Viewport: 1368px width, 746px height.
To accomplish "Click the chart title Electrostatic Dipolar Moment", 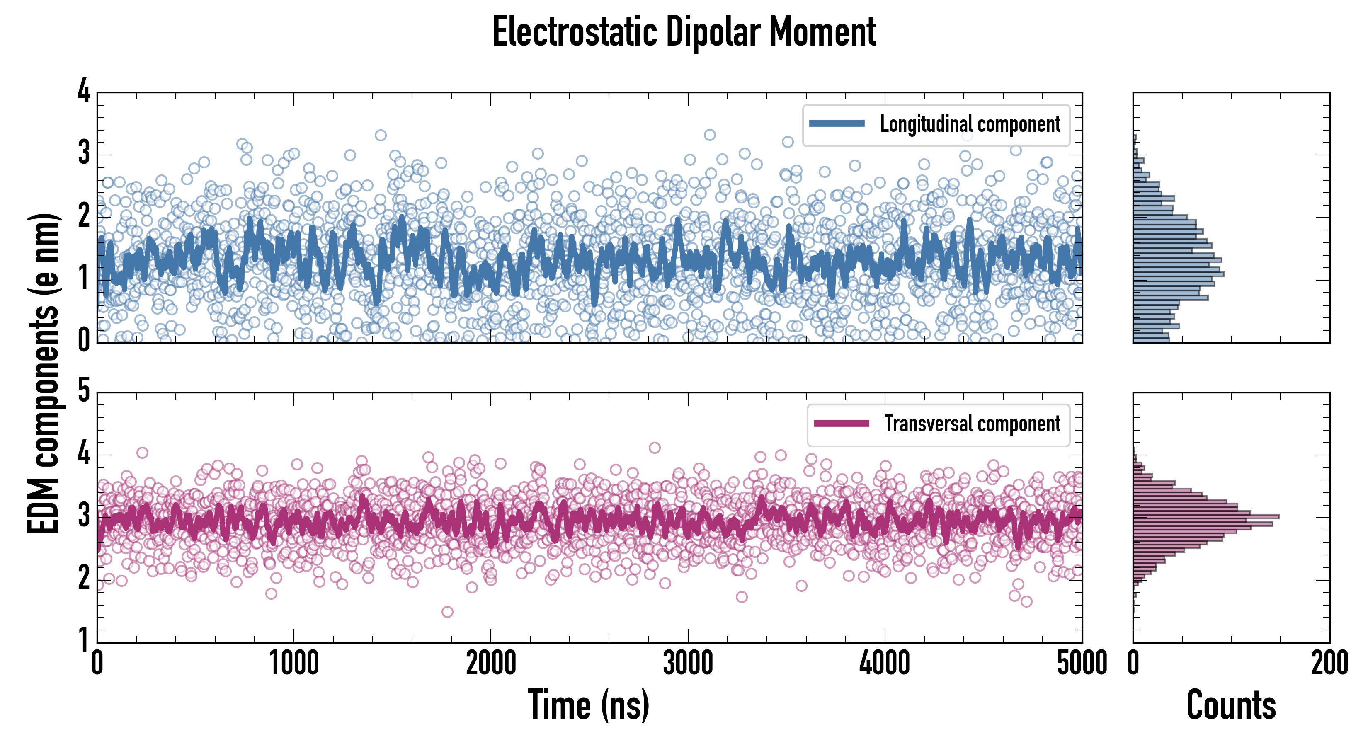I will click(684, 32).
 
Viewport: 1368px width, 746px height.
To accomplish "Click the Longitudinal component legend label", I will click(970, 124).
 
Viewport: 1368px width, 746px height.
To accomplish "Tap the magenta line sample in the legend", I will click(841, 424).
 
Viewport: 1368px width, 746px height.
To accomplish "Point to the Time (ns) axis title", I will click(588, 705).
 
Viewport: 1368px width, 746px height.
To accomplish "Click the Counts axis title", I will click(1231, 705).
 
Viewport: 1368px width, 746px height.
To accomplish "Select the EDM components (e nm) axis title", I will click(44, 374).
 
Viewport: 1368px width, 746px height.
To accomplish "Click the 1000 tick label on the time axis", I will click(293, 664).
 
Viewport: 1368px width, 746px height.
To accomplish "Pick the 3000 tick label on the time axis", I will click(688, 664).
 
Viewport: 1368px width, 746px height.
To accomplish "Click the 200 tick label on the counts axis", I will click(1329, 664).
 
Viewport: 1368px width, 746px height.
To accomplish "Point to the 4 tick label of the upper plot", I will click(84, 91).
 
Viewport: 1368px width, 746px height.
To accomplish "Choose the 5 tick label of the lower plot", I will click(84, 391).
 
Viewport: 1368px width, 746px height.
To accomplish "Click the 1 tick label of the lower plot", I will click(84, 640).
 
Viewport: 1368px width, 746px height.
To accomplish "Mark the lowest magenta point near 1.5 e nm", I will click(447, 612).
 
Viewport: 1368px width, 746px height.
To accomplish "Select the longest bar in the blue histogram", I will click(1179, 274).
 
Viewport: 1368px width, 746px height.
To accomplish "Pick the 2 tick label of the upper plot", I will click(84, 216).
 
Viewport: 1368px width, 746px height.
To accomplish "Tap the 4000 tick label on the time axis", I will click(885, 664).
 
